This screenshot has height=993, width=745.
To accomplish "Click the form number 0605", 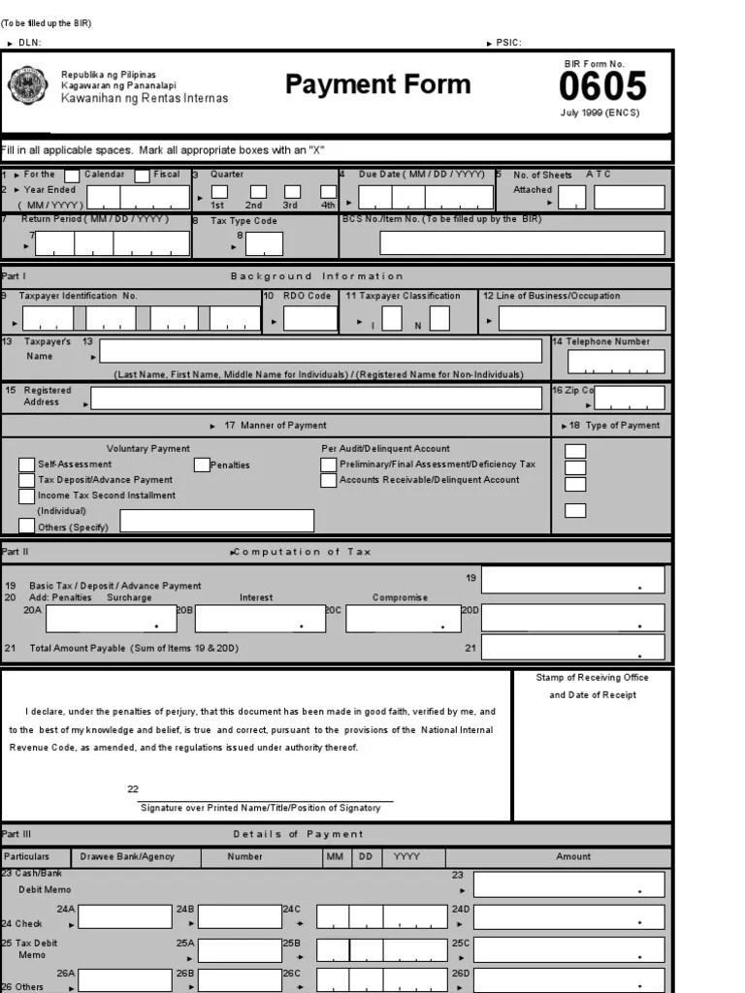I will tap(601, 87).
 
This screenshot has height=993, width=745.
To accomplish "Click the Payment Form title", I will tap(377, 84).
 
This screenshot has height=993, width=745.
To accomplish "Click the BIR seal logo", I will tap(27, 86).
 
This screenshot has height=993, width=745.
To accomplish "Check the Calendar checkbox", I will tap(72, 176).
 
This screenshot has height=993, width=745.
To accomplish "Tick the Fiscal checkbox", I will tap(142, 176).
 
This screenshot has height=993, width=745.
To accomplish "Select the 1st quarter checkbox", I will tap(219, 192).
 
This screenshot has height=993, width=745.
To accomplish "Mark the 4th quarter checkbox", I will tap(327, 192).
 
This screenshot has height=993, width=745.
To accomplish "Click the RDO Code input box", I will tap(310, 318).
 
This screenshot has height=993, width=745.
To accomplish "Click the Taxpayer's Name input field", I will tap(321, 351).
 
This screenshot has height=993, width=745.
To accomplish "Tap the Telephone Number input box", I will tap(616, 362).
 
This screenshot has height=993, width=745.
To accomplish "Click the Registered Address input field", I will tap(316, 398).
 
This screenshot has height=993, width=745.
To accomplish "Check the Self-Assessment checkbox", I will tap(27, 464).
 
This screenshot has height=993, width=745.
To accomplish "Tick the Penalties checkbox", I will tap(202, 464).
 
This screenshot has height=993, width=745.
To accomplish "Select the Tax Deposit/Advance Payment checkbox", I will tap(27, 480).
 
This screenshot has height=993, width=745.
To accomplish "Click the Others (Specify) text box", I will tap(217, 521).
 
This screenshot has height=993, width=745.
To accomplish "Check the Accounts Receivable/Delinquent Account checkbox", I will tap(329, 480).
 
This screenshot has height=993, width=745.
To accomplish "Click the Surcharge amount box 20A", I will tap(112, 619).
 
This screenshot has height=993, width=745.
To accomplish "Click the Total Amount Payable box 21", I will tap(572, 648).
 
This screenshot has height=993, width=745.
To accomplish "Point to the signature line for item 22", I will tap(267, 800).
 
